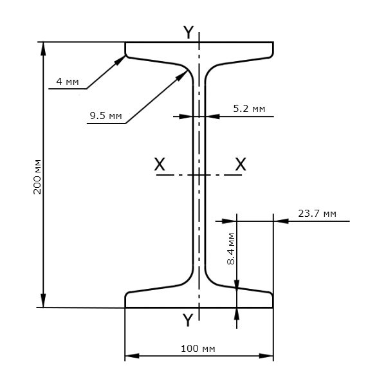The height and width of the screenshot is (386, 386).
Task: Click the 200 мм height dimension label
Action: point(37,178)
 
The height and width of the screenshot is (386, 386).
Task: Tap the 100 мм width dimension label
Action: point(198,349)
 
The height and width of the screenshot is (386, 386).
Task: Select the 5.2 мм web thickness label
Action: point(249,109)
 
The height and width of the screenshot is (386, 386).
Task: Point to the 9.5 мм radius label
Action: point(106,115)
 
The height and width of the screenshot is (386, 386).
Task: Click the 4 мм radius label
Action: point(68,82)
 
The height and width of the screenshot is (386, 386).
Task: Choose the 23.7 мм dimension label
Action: point(317,214)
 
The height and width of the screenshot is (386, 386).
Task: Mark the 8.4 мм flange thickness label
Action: point(231,248)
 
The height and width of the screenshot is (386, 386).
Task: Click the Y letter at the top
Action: point(188,32)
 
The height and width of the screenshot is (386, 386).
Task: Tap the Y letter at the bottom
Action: point(188,320)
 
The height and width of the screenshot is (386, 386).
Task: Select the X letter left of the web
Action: point(160,164)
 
